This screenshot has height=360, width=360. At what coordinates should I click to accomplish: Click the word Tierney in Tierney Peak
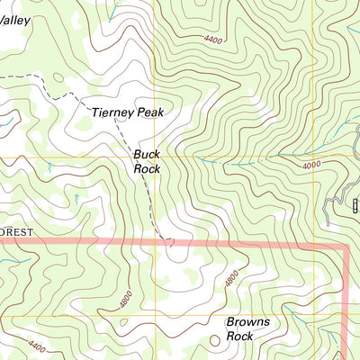point(113,113)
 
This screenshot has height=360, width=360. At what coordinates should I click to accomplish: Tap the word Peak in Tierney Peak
point(153,113)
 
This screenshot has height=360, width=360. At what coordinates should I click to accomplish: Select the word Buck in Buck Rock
point(147,155)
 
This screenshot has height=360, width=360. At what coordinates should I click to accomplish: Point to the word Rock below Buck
point(147,168)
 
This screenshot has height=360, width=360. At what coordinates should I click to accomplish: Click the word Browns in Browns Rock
point(247,321)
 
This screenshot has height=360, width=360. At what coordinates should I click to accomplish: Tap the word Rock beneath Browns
point(239,336)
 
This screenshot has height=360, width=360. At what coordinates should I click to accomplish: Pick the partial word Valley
point(15,19)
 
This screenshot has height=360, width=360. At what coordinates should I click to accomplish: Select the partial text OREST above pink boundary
point(16,231)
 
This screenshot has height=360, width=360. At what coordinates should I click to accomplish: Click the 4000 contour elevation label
point(311,164)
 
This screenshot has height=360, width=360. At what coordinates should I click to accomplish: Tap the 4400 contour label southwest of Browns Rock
point(38,343)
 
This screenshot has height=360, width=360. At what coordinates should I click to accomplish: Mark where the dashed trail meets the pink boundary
point(169,241)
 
